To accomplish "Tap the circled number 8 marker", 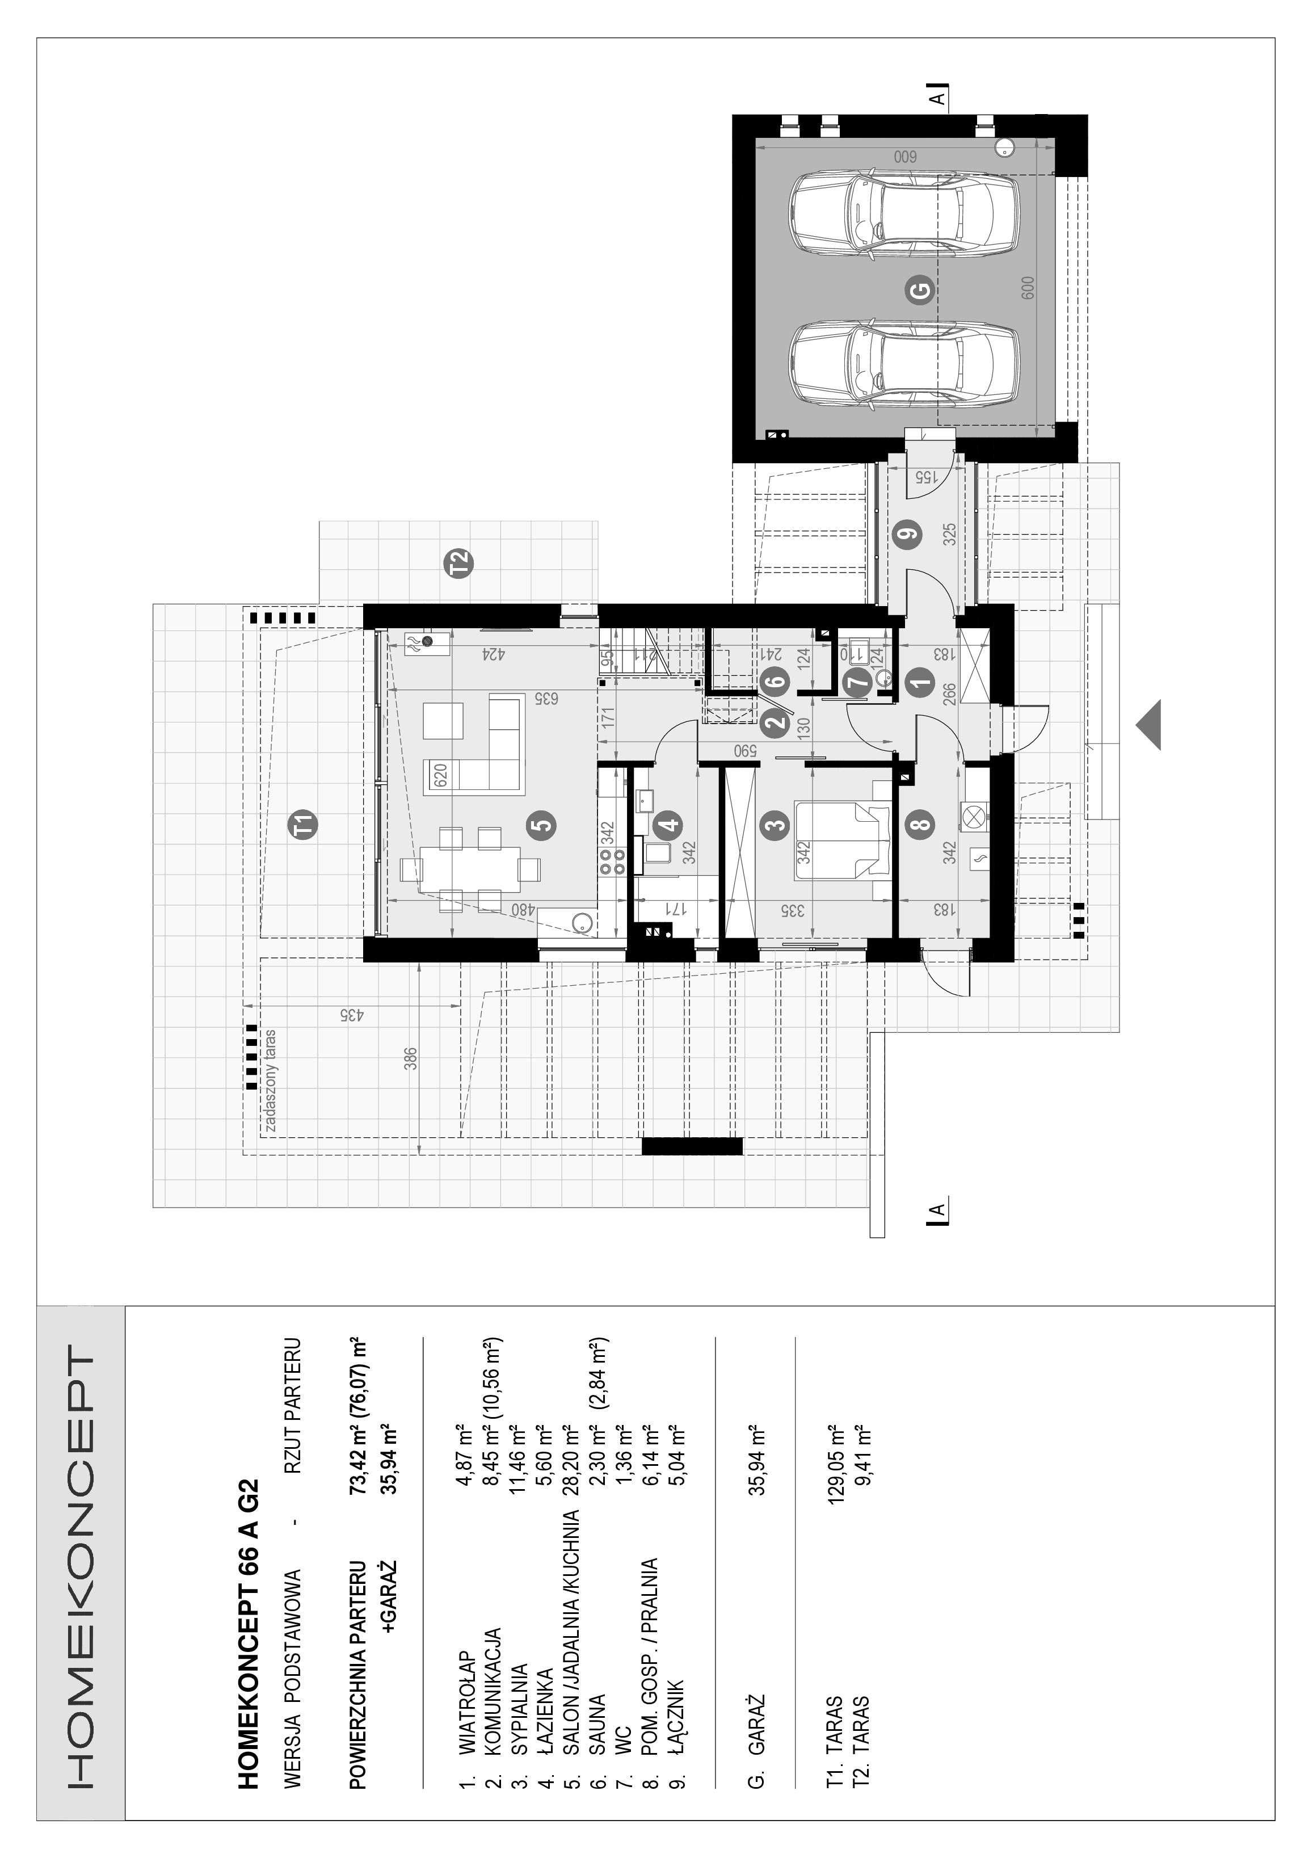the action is point(921,825).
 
